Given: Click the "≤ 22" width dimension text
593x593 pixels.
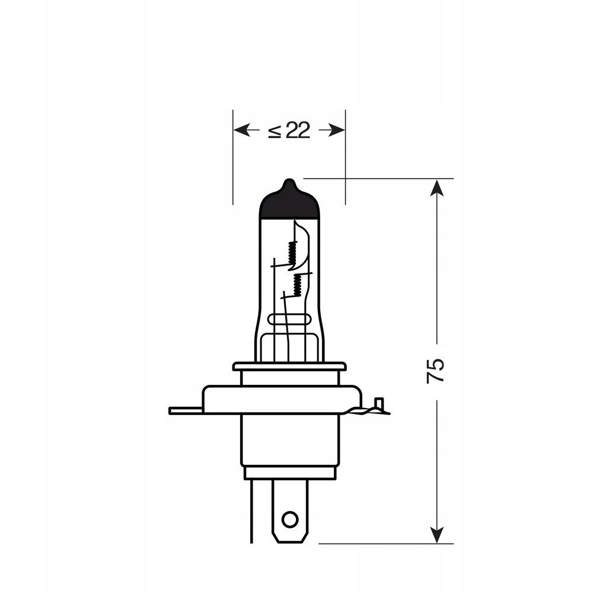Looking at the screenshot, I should (x=289, y=130).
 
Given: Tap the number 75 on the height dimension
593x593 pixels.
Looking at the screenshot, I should (x=436, y=371).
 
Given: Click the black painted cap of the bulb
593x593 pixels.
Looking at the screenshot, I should (x=289, y=205).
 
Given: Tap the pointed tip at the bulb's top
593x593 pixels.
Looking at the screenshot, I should (x=289, y=181).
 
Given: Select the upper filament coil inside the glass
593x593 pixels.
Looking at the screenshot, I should (x=291, y=254).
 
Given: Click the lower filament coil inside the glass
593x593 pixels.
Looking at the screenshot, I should (x=298, y=283).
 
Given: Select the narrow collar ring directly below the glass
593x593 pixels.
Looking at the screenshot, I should (x=289, y=366).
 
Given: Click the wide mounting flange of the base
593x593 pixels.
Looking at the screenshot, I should (x=282, y=399).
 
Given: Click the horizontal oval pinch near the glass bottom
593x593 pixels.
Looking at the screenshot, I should (x=289, y=320).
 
